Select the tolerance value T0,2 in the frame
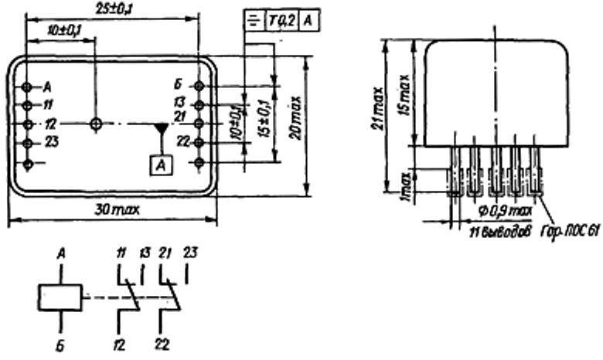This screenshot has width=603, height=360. point(283,22)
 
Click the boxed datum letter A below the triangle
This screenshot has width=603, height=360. point(160,163)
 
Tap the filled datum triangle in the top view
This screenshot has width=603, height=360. point(160,127)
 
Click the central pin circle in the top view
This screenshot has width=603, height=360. point(96,124)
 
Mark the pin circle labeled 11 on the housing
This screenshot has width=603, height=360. point(27,104)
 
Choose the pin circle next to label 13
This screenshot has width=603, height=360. point(199,104)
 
